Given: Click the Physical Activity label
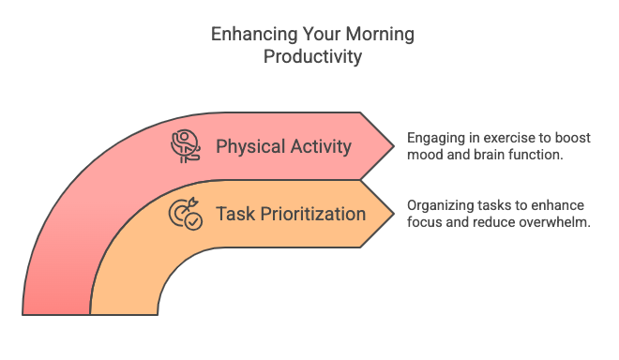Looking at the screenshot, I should [x=283, y=146].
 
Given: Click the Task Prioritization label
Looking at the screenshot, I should [x=291, y=214].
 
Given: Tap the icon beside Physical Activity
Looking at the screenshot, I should [x=186, y=146].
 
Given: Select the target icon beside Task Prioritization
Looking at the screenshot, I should [x=185, y=215].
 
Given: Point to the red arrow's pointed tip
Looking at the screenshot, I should [x=393, y=145].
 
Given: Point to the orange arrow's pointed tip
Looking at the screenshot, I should [x=393, y=214].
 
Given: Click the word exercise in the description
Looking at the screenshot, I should [x=503, y=137].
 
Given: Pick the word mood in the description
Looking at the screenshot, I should [x=424, y=155].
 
